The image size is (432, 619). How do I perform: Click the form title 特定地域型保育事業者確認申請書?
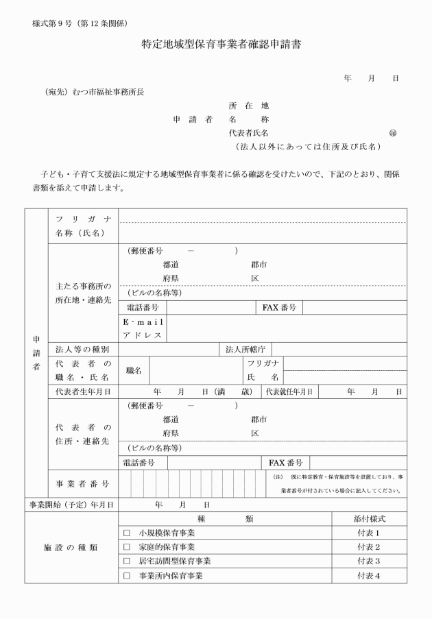(217, 46)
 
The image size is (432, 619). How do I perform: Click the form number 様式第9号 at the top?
(53, 23)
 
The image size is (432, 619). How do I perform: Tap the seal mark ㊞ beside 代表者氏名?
(393, 132)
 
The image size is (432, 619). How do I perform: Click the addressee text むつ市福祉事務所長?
(108, 92)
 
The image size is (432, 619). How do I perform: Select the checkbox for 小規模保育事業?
(126, 533)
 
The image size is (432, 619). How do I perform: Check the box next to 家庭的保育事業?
(126, 547)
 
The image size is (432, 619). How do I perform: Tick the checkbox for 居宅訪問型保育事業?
(126, 561)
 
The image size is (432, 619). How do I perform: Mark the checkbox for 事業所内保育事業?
(126, 576)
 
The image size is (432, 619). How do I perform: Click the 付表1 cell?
(368, 533)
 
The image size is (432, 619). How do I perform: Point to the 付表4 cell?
(368, 576)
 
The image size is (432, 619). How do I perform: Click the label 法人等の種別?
(82, 350)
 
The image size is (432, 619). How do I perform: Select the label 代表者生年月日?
(84, 391)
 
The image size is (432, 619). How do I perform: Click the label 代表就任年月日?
(290, 391)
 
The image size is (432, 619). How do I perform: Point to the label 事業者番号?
(82, 483)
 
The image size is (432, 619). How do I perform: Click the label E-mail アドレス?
(142, 328)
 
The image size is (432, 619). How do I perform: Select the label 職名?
(134, 370)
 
